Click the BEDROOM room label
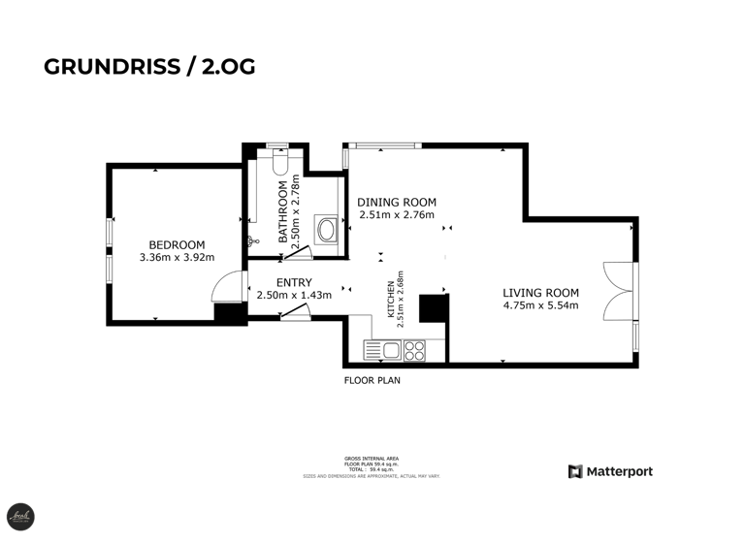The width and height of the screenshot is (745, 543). [177, 244]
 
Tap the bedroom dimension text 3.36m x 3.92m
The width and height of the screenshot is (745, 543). [177, 258]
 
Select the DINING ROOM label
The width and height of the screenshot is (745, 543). [396, 202]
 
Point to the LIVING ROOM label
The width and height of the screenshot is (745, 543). [540, 293]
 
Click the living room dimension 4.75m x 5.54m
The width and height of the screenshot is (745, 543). [540, 306]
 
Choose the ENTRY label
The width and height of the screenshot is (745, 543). [293, 282]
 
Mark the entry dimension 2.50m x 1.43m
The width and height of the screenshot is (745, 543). [294, 295]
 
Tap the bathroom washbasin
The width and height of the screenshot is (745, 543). [328, 232]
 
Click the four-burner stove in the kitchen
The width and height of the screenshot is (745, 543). [415, 349]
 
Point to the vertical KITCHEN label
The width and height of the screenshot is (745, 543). [395, 294]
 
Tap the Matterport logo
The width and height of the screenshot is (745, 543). [610, 472]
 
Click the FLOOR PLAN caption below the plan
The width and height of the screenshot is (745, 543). [372, 381]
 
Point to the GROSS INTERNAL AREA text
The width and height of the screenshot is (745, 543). [372, 458]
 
